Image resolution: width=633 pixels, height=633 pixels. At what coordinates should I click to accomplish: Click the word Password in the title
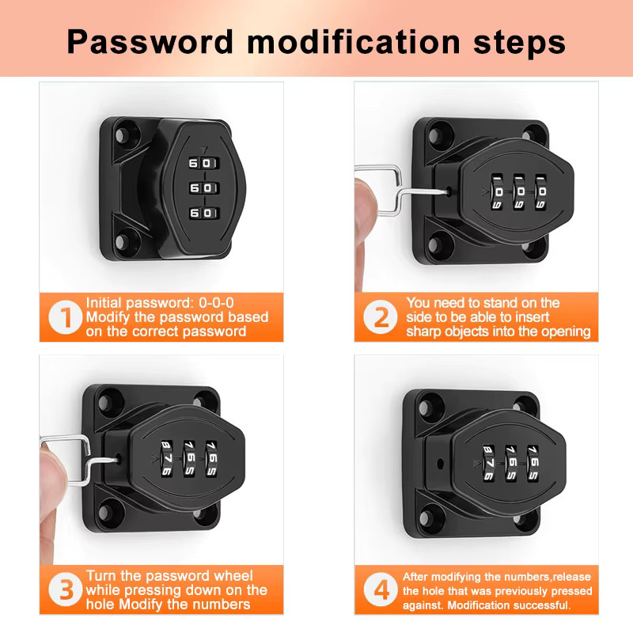pos(150,42)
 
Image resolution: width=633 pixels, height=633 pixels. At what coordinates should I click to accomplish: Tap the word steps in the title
pos(519,43)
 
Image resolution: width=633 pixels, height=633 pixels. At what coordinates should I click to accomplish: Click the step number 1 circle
pos(66,317)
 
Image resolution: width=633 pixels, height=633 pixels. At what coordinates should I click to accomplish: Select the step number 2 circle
pos(381,317)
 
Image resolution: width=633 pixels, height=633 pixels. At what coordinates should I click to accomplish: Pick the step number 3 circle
pos(66,589)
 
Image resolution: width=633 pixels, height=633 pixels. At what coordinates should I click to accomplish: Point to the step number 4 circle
pos(381,589)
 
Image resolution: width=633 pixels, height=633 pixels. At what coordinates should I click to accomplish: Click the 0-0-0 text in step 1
pos(216,303)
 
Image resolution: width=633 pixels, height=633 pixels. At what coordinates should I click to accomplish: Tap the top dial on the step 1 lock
pos(204,163)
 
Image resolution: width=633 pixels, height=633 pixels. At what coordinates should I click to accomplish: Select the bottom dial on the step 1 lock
pos(204,213)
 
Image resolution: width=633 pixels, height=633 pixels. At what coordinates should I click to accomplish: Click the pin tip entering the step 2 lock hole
pos(448,191)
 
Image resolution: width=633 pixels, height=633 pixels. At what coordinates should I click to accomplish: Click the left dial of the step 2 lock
pos(498,192)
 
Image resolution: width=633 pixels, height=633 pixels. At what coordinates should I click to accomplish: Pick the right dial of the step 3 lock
pos(211,459)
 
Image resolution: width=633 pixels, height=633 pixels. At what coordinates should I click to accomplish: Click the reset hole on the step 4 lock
pos(440,463)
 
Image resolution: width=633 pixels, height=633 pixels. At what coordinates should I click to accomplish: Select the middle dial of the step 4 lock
pos(511,463)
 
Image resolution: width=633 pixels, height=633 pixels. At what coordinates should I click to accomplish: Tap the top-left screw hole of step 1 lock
pos(121,135)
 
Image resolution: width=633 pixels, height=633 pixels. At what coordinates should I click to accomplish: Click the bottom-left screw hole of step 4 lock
pos(426,517)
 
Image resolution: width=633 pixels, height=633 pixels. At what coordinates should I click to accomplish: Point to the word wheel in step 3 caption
pos(233,576)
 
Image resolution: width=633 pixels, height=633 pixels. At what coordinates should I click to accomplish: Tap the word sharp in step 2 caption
pos(423,332)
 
